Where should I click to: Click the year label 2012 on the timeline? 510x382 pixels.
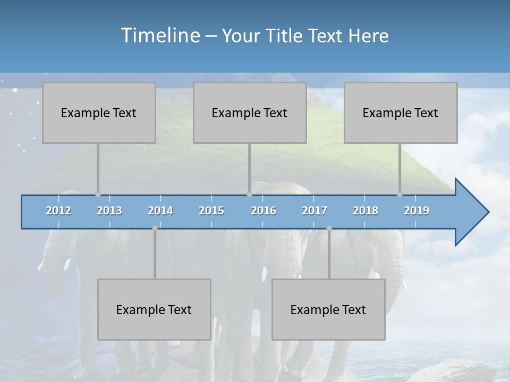point(58,211)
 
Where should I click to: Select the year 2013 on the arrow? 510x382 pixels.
point(109,211)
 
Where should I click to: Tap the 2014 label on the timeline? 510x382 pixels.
point(160,211)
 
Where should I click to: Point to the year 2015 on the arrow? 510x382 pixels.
point(211,211)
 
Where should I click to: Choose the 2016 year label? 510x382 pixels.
point(263,211)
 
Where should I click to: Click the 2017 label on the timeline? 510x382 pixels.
point(314,211)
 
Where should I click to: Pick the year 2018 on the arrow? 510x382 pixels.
point(365,211)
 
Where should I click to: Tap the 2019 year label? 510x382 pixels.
point(416,211)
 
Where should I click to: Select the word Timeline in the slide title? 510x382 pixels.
point(160,36)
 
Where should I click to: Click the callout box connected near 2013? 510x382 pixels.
point(99,112)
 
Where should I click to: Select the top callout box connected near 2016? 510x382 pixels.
point(250,112)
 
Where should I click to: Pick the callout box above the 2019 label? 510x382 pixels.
point(401,112)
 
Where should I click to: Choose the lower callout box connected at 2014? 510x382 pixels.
point(154,309)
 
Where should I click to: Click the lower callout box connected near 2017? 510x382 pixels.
point(328,309)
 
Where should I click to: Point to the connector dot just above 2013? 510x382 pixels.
point(98,194)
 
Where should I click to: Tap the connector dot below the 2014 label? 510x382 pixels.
point(155,228)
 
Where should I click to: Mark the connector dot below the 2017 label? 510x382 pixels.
point(329,228)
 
